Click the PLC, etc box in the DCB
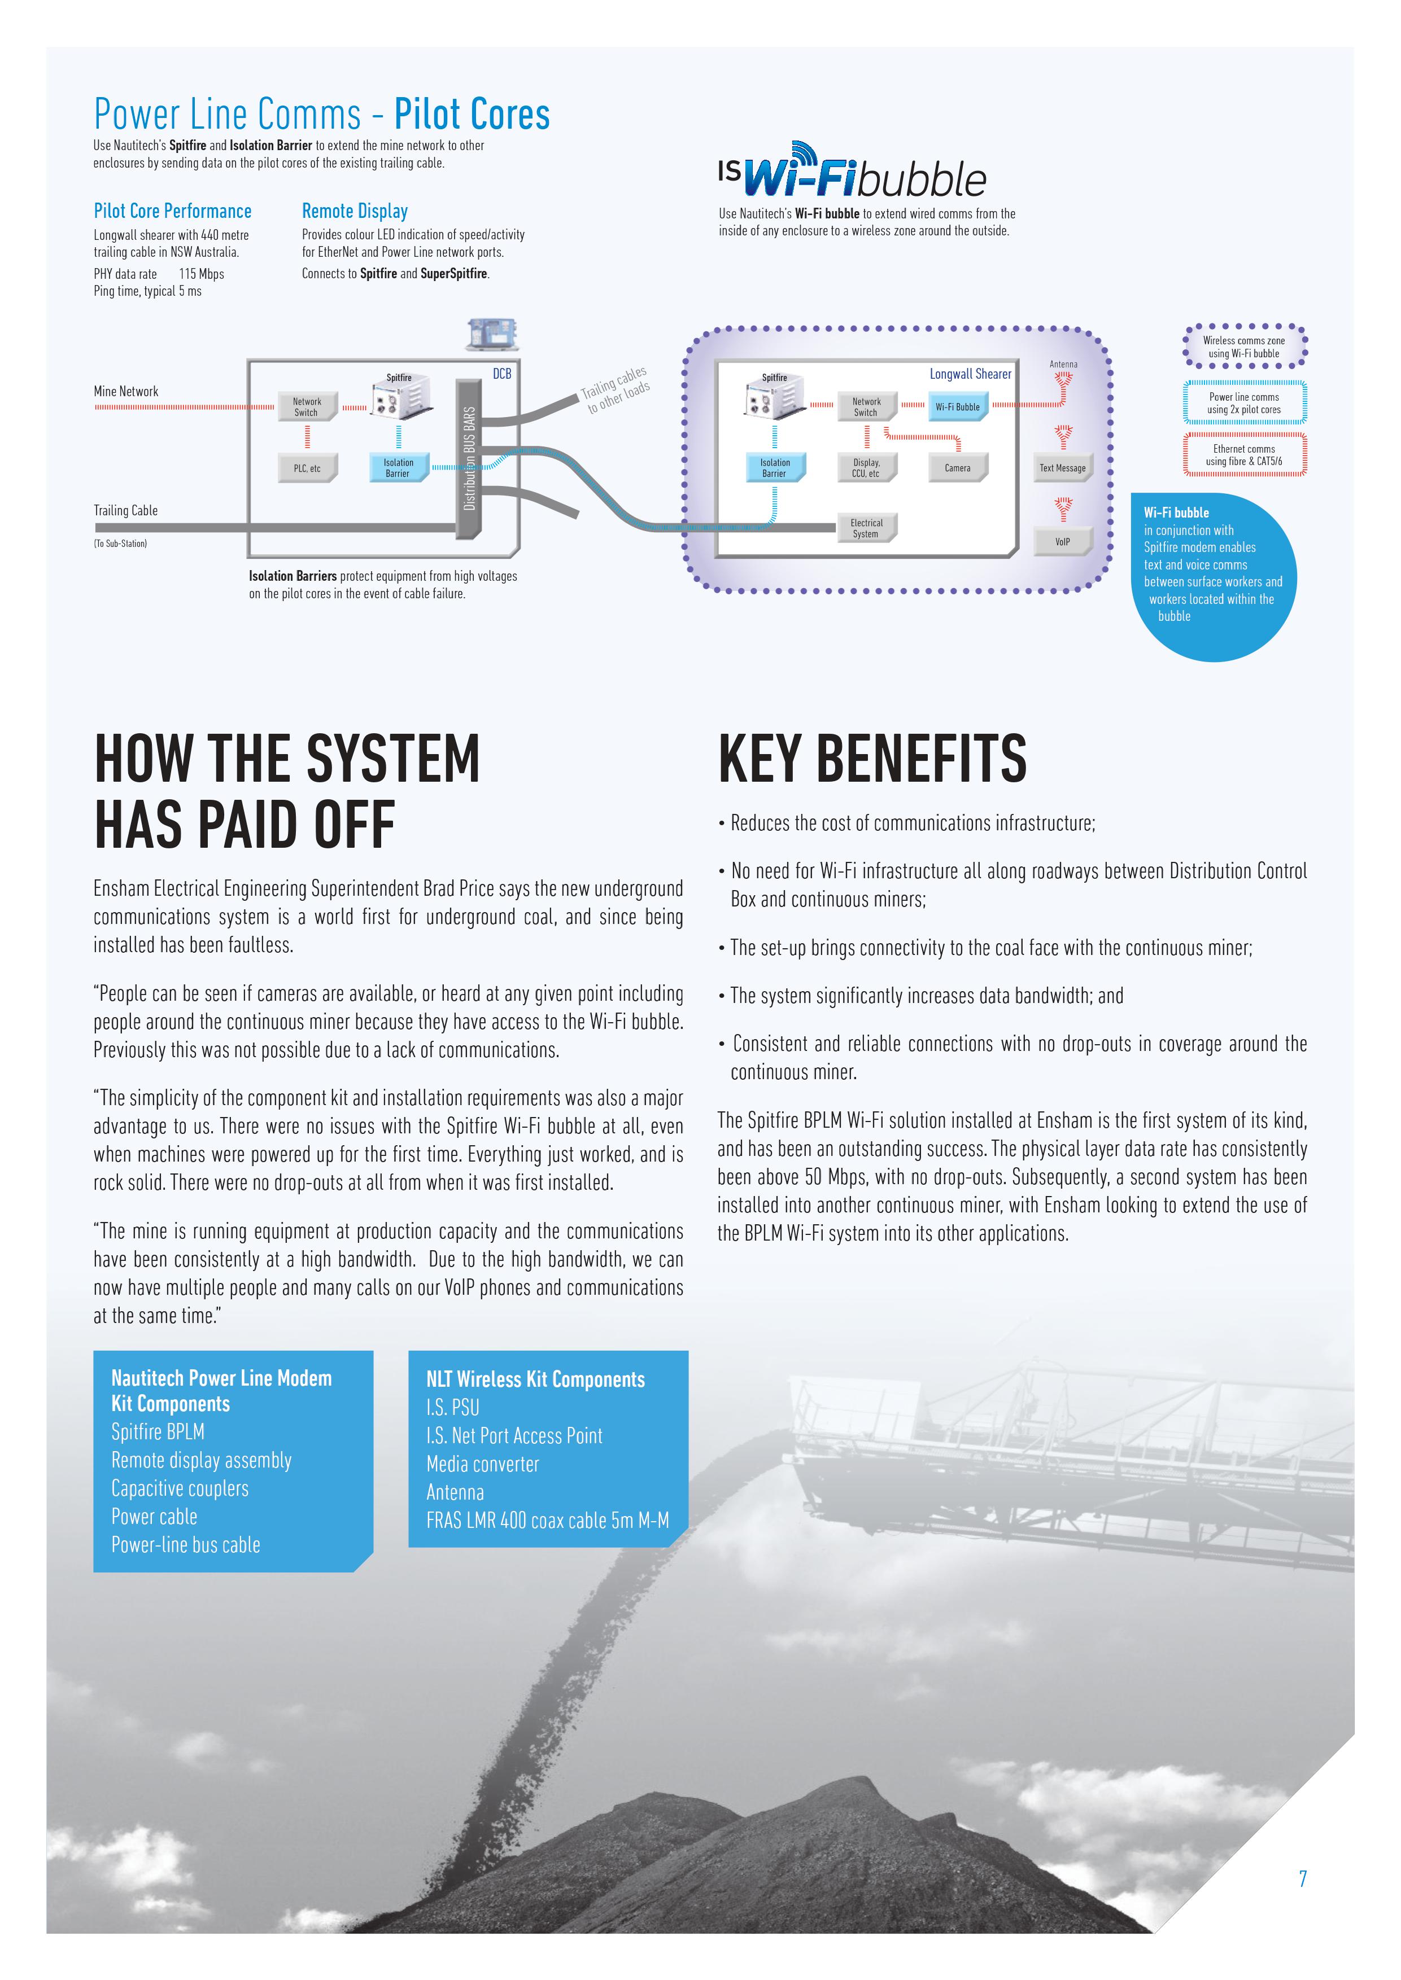click(308, 468)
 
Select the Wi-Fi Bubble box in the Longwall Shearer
click(958, 407)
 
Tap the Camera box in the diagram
click(958, 468)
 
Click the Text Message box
click(1063, 468)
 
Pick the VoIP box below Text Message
click(1063, 542)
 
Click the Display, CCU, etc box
click(867, 468)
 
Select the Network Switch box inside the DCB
click(308, 407)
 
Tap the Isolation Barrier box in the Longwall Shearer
click(775, 468)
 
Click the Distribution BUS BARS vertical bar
click(469, 459)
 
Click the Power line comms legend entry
click(1244, 403)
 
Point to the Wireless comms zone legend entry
click(1244, 347)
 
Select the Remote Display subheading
click(355, 211)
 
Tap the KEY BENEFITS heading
click(872, 759)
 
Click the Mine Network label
click(126, 392)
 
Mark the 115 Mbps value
click(202, 274)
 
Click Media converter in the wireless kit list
click(482, 1464)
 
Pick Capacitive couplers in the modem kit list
click(180, 1488)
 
